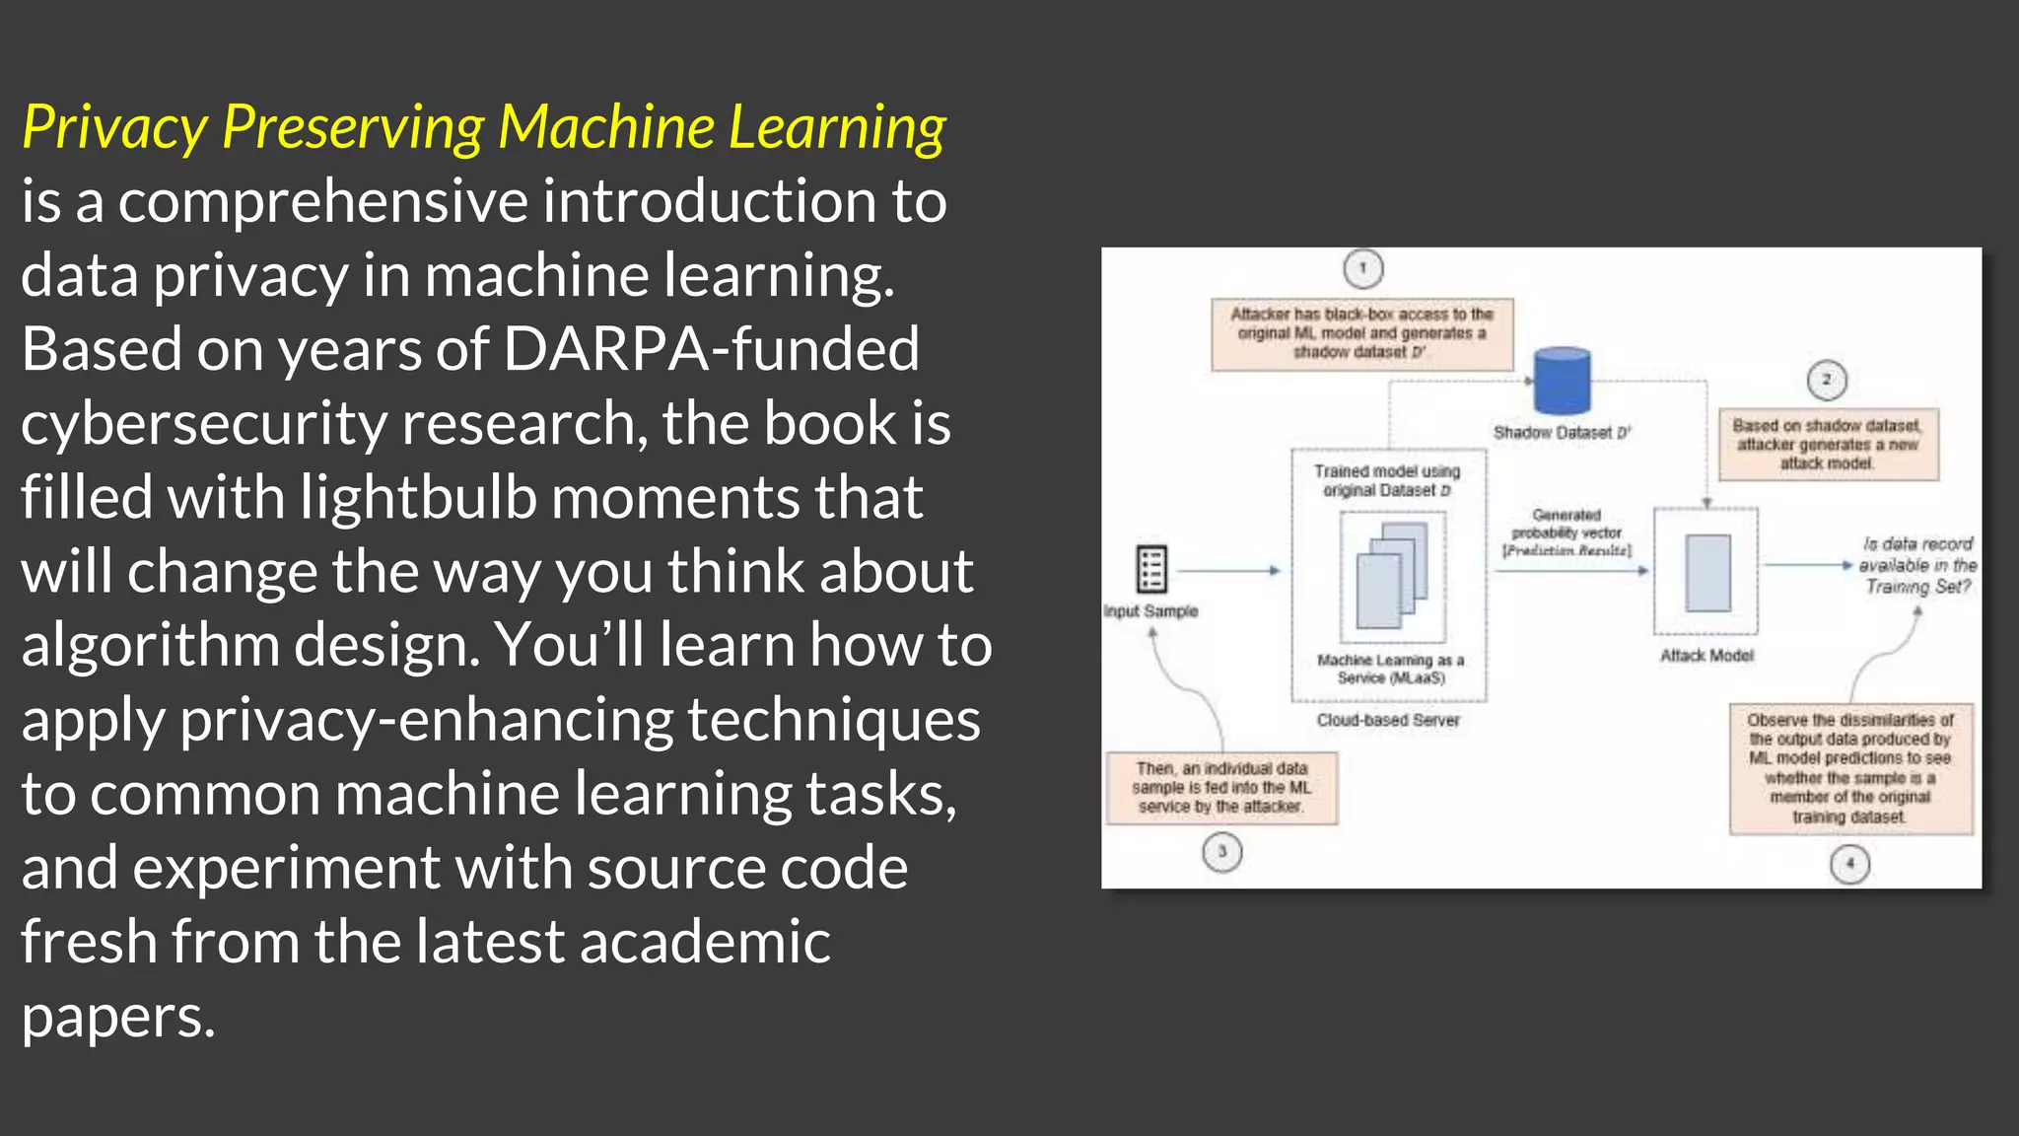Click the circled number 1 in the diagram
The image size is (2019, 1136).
[1363, 268]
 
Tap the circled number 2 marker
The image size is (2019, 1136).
[1827, 380]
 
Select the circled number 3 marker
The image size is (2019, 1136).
[1222, 852]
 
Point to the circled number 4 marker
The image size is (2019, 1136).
[1849, 865]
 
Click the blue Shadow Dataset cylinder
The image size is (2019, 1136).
[1563, 380]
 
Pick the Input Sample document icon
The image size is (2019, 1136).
[1151, 569]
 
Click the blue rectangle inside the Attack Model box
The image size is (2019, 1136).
[1707, 573]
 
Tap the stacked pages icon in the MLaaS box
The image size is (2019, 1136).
[1391, 576]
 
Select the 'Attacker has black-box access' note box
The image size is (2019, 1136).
[1360, 333]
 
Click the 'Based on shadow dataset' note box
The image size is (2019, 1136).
[1828, 445]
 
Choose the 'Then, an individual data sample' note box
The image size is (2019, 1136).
[1221, 787]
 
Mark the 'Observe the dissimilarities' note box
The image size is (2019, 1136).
[1850, 768]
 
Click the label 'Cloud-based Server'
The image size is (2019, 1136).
[1388, 721]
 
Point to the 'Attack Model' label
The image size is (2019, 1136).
[1706, 656]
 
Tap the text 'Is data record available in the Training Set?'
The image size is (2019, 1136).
[1917, 565]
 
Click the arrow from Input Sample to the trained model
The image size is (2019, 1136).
[1228, 570]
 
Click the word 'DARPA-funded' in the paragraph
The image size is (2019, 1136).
[711, 349]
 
